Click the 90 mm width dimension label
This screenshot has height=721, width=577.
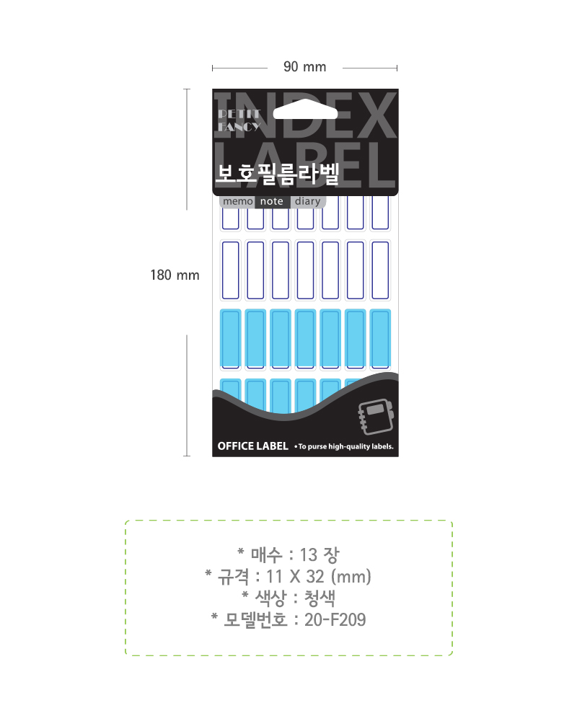click(x=304, y=67)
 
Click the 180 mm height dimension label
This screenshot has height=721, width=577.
click(x=175, y=275)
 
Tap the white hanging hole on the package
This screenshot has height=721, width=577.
click(x=305, y=110)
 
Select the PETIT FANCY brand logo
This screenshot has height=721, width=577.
click(x=239, y=120)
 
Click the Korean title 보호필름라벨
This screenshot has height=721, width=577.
click(x=278, y=174)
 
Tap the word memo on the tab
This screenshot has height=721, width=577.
click(x=238, y=201)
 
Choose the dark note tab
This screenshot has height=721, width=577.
click(x=272, y=201)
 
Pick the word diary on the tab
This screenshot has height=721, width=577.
click(x=308, y=201)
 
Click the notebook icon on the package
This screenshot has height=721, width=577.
click(x=376, y=417)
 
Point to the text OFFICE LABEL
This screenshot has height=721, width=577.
click(x=252, y=446)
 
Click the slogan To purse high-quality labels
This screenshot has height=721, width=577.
click(x=345, y=446)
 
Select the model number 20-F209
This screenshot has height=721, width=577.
click(x=335, y=620)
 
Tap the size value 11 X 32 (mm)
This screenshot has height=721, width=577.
click(x=318, y=577)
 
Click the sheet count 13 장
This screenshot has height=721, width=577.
click(x=320, y=555)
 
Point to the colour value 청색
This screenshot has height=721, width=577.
click(x=320, y=598)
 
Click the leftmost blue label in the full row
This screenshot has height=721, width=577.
click(x=231, y=340)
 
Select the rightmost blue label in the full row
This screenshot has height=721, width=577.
click(x=380, y=340)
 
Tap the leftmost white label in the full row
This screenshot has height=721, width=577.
click(x=231, y=270)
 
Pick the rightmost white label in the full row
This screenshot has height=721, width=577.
click(x=380, y=270)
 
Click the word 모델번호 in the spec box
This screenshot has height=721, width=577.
click(x=255, y=620)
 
